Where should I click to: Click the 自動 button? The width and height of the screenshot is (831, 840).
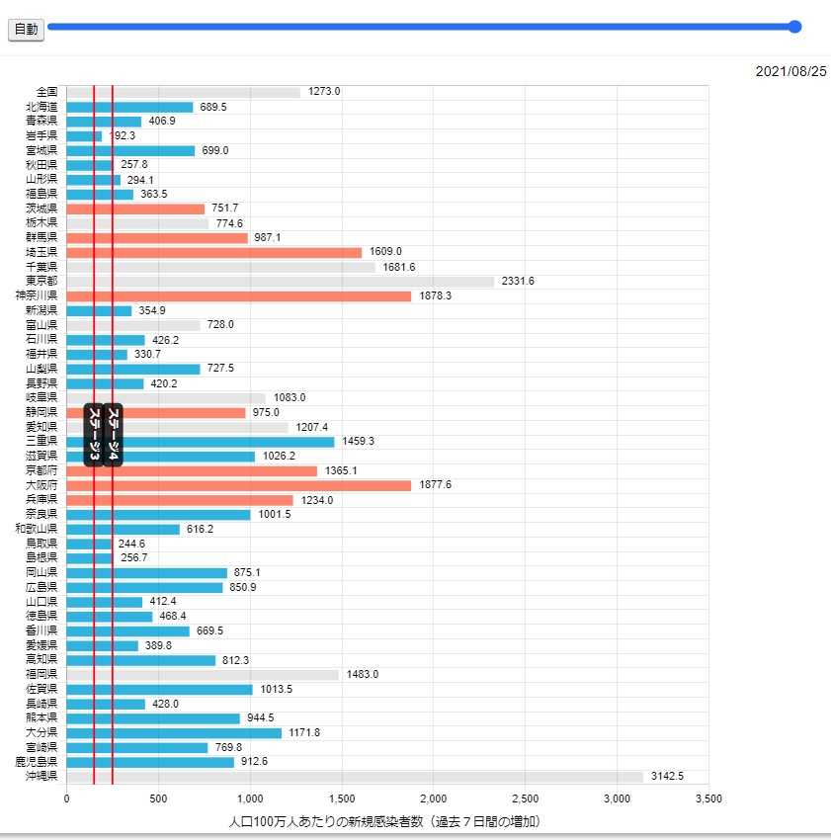(x=27, y=30)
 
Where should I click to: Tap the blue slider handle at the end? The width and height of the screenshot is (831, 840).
(x=794, y=28)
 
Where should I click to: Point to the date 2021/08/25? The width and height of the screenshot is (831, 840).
(x=790, y=72)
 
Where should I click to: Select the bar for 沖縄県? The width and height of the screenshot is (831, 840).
(x=355, y=777)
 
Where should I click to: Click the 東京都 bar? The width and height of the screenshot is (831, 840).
(x=280, y=282)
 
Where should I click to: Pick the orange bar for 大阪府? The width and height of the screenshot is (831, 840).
(x=238, y=485)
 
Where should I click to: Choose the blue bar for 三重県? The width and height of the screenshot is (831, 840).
(x=201, y=442)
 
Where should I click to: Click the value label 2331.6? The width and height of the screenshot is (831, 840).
(x=518, y=282)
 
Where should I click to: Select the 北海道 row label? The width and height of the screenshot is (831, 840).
(x=42, y=107)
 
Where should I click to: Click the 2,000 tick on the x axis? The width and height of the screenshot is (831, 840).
(x=434, y=798)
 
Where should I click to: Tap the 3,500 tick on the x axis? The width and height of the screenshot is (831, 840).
(x=708, y=798)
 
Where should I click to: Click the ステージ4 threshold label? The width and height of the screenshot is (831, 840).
(x=113, y=434)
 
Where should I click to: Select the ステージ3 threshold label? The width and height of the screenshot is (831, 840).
(x=94, y=434)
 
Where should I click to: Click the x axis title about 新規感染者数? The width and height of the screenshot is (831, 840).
(x=385, y=821)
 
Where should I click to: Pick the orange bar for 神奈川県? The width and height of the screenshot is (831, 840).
(x=238, y=296)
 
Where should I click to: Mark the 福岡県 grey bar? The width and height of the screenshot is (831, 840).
(x=203, y=675)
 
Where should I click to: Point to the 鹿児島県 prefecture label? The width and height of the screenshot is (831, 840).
(x=36, y=762)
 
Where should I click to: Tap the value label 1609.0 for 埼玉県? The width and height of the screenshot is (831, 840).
(x=385, y=252)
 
